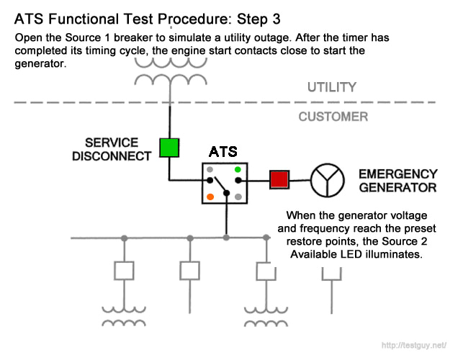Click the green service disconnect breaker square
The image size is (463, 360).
[169, 148]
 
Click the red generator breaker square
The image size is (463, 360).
[279, 179]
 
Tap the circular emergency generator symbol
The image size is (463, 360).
[328, 180]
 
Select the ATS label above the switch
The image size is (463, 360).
[223, 153]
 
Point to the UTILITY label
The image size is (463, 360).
[332, 88]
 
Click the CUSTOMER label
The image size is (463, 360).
[333, 117]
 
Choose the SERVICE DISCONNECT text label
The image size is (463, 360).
[112, 149]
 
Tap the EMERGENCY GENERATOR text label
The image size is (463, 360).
[397, 181]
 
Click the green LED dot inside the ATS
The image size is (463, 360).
[238, 170]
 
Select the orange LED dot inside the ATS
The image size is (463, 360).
[210, 196]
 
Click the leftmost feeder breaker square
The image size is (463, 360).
[124, 271]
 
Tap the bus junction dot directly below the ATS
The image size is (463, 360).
[227, 237]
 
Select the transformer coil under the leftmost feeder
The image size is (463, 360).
[124, 316]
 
